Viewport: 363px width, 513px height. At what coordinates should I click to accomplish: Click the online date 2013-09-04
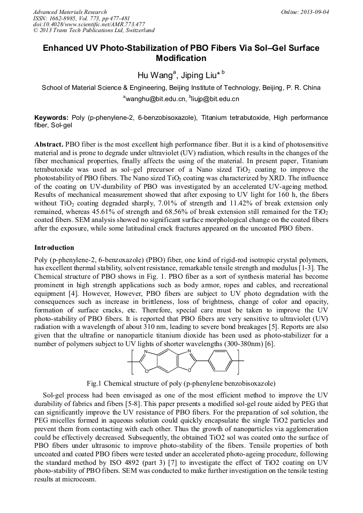tap(314, 12)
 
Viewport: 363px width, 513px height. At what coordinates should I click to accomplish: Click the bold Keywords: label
tap(51, 117)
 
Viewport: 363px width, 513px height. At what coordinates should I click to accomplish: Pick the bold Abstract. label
tap(49, 145)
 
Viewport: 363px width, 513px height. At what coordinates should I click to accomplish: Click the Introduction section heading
tap(54, 248)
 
